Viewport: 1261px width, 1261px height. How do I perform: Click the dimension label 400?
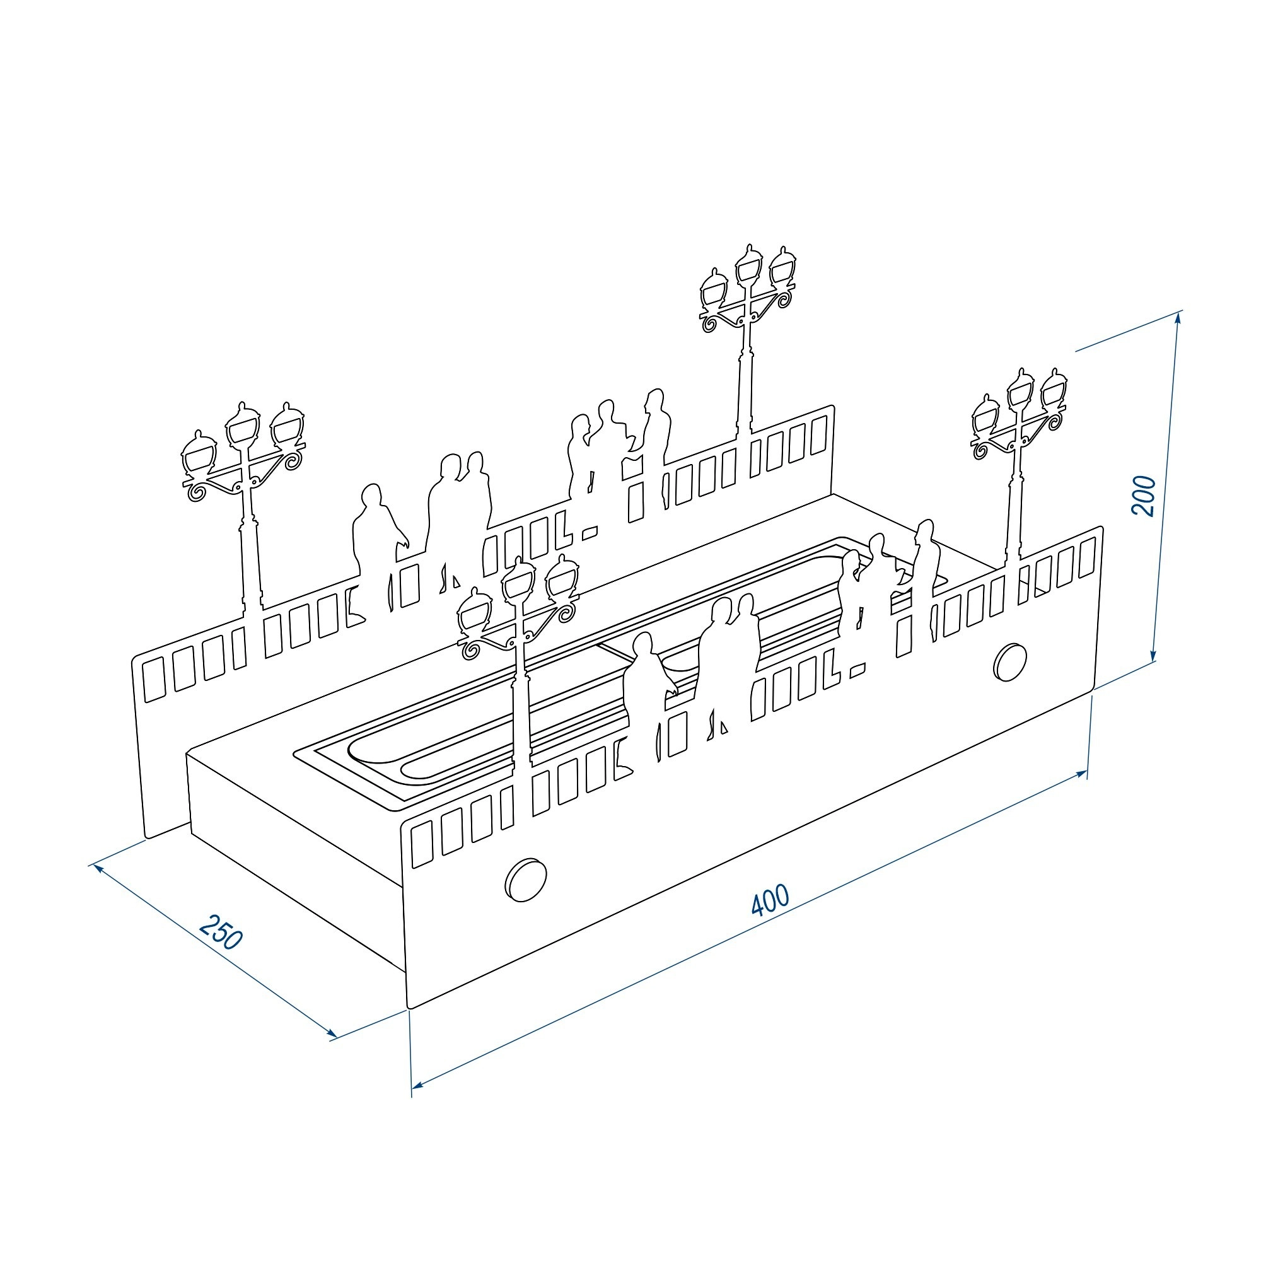coord(770,900)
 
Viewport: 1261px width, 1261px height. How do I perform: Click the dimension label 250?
coord(221,931)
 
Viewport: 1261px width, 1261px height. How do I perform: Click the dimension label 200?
coord(1144,497)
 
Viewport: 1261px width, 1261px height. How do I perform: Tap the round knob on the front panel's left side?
coord(526,880)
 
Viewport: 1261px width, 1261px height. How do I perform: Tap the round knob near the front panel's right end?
coord(1009,661)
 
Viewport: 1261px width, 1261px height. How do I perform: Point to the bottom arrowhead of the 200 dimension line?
coord(1154,654)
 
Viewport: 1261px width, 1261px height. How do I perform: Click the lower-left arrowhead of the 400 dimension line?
coord(419,1084)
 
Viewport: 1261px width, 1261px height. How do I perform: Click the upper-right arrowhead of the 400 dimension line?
coord(1080,774)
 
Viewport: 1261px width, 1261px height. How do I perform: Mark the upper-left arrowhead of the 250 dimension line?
coord(99,869)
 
